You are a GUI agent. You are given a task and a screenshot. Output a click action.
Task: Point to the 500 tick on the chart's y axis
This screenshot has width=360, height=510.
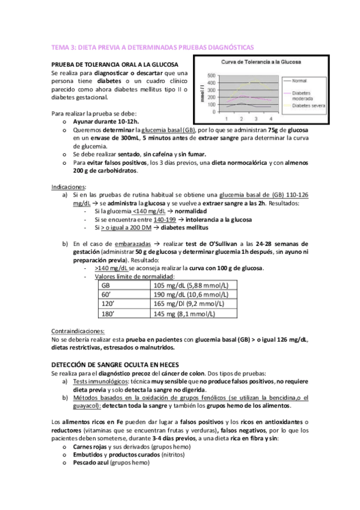point(211,75)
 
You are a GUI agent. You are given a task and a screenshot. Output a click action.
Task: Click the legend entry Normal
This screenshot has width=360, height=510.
point(300,80)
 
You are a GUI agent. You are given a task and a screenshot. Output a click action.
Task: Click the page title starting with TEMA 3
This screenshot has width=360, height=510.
point(153,46)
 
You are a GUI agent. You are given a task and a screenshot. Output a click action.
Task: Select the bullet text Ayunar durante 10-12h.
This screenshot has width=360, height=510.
point(105,121)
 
